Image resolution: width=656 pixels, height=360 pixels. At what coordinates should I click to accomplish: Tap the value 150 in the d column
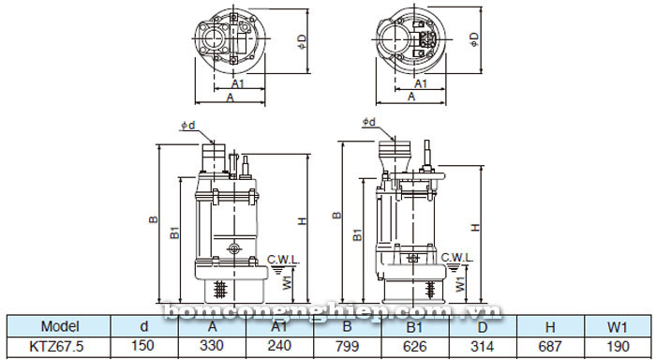[x=142, y=346]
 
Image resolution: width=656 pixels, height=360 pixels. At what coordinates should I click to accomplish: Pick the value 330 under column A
[x=213, y=346]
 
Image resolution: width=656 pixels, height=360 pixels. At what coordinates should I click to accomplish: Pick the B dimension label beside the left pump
[x=153, y=221]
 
